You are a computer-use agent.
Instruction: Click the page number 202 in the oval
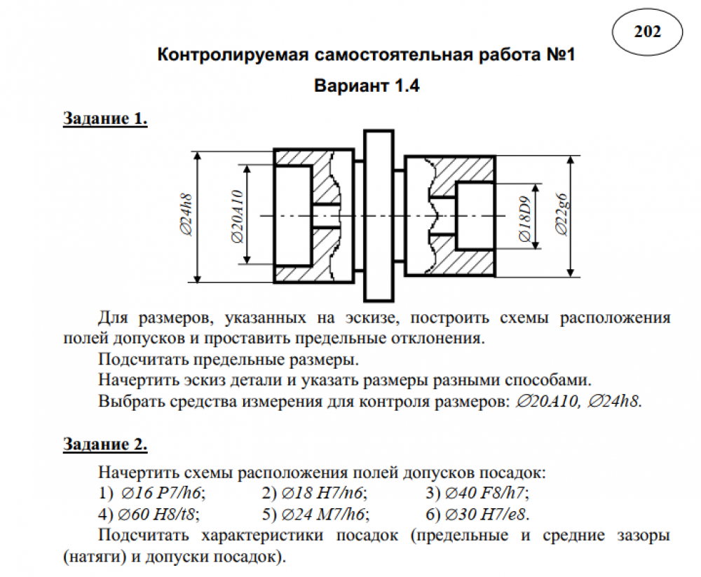tap(647, 32)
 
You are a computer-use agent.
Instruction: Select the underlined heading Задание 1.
tap(105, 118)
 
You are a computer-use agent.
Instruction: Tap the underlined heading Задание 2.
tap(105, 444)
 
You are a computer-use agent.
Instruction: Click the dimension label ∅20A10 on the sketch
tap(237, 216)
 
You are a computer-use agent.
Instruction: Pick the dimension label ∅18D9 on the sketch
tap(524, 216)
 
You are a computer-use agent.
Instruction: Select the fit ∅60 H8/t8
tap(159, 514)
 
